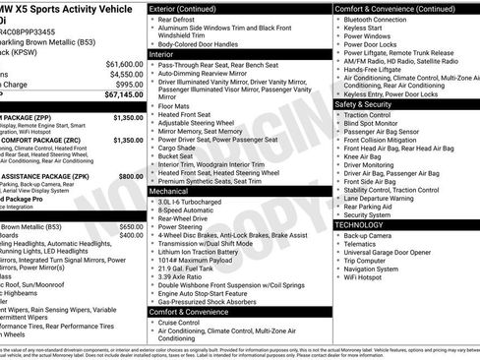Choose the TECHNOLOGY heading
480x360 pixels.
(x=361, y=224)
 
